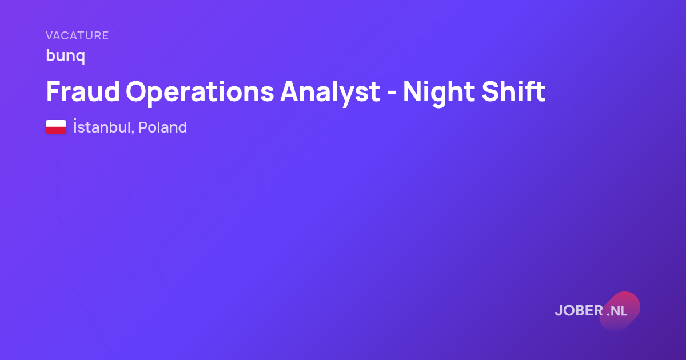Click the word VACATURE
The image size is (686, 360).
pos(77,35)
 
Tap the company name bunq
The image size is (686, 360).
pos(66,56)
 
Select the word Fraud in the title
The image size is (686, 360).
pos(83,91)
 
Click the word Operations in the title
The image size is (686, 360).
pos(200,93)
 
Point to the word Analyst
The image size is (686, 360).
pos(330,93)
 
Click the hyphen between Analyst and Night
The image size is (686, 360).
pos(392,93)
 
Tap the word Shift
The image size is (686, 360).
pos(513,91)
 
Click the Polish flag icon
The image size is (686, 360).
pos(56,127)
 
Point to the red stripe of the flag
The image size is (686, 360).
pos(56,130)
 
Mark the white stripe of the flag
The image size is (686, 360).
pos(56,123)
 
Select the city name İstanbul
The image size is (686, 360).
pos(102,127)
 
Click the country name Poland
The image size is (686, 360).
pos(162,127)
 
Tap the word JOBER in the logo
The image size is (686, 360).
pos(579,311)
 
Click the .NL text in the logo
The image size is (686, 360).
pos(616,311)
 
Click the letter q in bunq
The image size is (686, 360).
pos(80,57)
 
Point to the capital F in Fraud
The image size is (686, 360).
pos(54,91)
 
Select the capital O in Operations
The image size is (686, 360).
pos(137,91)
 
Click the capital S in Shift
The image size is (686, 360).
pos(490,91)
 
